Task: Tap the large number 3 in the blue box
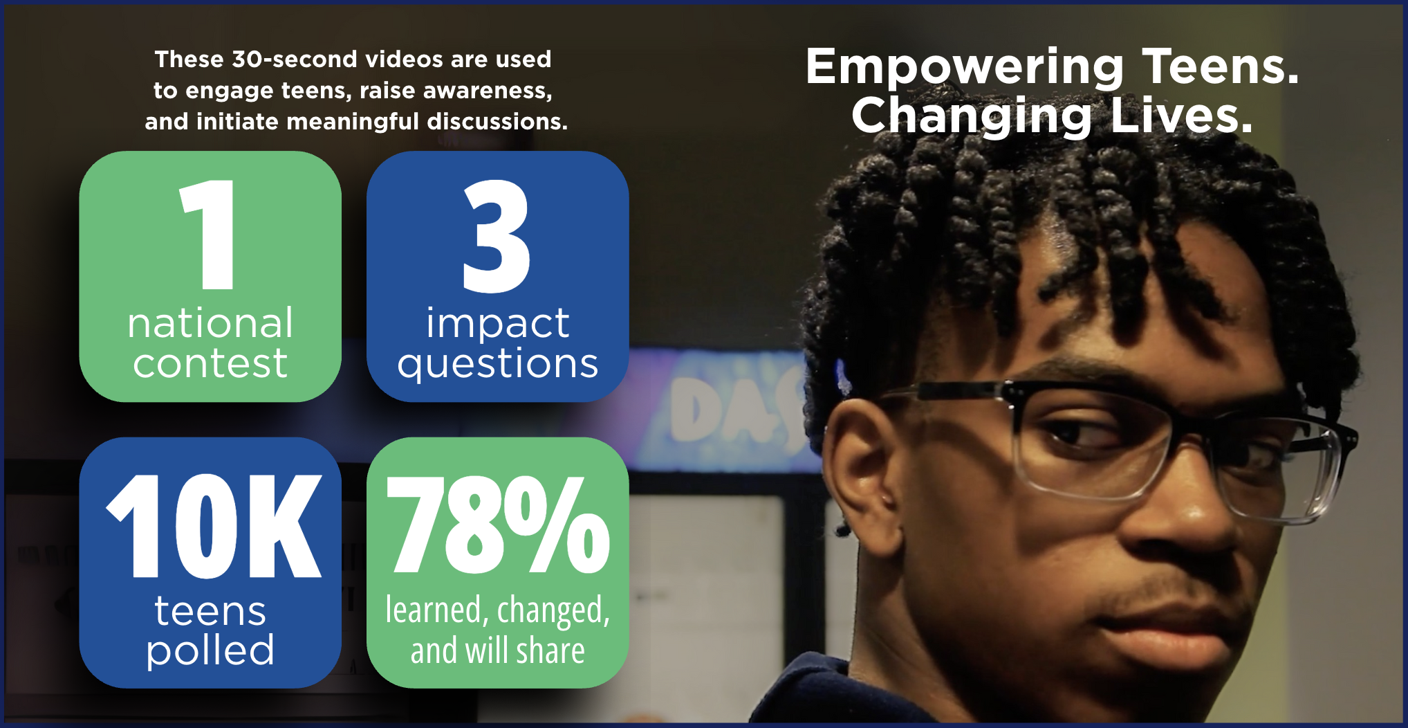[497, 235]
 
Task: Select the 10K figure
[214, 526]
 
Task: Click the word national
[210, 323]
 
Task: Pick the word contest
[210, 363]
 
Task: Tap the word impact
[498, 324]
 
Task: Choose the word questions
[498, 364]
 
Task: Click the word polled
[210, 650]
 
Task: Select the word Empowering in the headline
[965, 68]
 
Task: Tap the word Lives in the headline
[1182, 115]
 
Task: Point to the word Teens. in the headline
[1221, 66]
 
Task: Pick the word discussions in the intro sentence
[497, 122]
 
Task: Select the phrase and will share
[498, 650]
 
